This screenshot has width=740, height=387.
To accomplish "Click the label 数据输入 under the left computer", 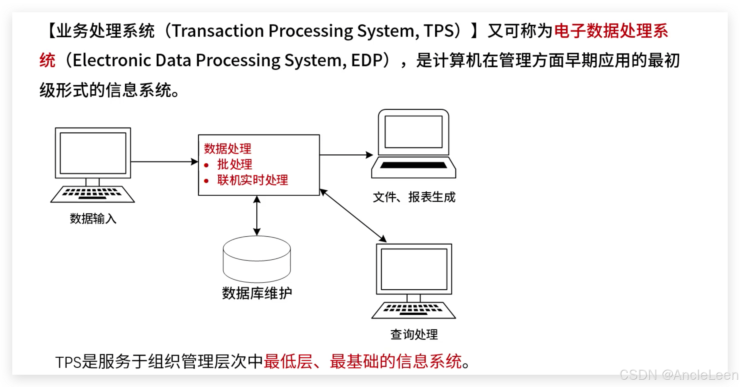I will pyautogui.click(x=93, y=219).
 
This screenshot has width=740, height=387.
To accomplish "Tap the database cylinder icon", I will pyautogui.click(x=257, y=259).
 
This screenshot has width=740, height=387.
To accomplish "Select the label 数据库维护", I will pyautogui.click(x=257, y=293).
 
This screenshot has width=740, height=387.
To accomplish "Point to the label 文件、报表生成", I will pyautogui.click(x=414, y=197).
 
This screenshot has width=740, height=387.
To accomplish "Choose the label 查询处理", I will pyautogui.click(x=414, y=334).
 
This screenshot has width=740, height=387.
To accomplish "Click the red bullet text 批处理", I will pyautogui.click(x=235, y=164).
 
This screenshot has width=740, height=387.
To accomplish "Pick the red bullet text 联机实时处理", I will pyautogui.click(x=253, y=180).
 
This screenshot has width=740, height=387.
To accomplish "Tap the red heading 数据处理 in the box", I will pyautogui.click(x=228, y=149).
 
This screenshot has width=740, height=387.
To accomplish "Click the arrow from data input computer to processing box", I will pyautogui.click(x=164, y=161).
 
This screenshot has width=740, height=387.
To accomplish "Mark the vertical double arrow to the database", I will pyautogui.click(x=257, y=216).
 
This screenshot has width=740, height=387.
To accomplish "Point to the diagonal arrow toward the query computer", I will pyautogui.click(x=353, y=215).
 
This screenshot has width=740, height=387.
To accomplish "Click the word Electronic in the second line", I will pyautogui.click(x=112, y=60).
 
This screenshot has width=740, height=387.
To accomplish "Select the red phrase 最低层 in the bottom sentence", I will pyautogui.click(x=288, y=362).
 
